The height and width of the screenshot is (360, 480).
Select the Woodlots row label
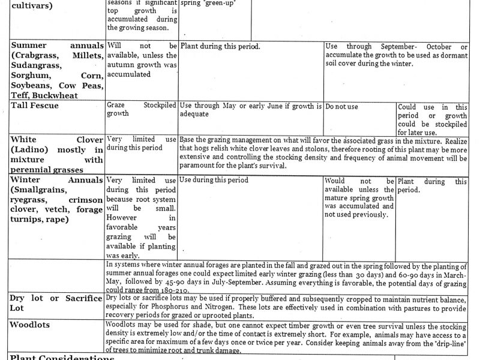pyautogui.click(x=30, y=325)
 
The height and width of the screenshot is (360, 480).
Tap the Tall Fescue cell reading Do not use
pyautogui.click(x=341, y=106)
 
